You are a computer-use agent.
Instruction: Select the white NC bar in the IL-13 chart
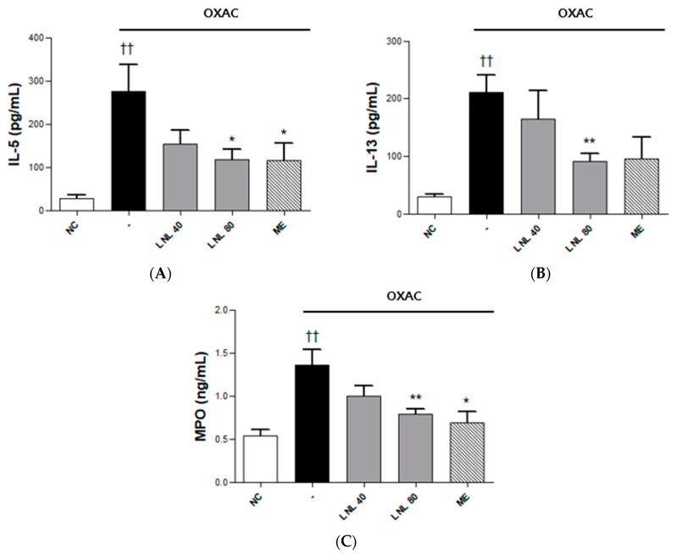tap(435, 205)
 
